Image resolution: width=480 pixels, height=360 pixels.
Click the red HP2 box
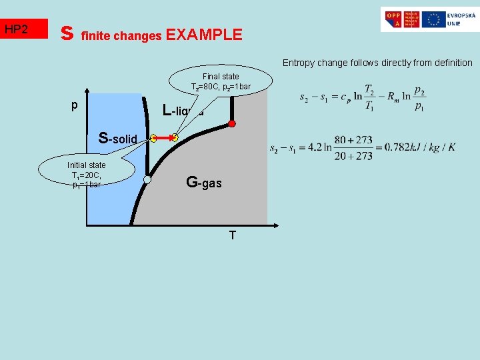[25, 29]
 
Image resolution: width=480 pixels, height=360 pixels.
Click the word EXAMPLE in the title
[204, 35]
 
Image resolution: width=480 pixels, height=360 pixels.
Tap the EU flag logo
[434, 19]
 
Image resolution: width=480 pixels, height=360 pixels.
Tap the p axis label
[75, 105]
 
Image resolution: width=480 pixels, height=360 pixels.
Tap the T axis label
[232, 235]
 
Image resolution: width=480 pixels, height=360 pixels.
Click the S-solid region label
[117, 139]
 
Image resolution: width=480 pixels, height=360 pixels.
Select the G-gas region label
[204, 182]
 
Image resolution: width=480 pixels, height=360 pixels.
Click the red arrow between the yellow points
[163, 139]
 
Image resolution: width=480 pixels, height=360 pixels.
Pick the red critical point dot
[232, 124]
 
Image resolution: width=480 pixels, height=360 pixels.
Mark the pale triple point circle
[147, 179]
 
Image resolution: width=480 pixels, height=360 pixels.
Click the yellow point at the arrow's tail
[153, 139]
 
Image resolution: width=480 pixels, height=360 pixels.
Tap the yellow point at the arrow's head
[174, 139]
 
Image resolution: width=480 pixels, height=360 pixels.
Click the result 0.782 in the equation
[399, 147]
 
